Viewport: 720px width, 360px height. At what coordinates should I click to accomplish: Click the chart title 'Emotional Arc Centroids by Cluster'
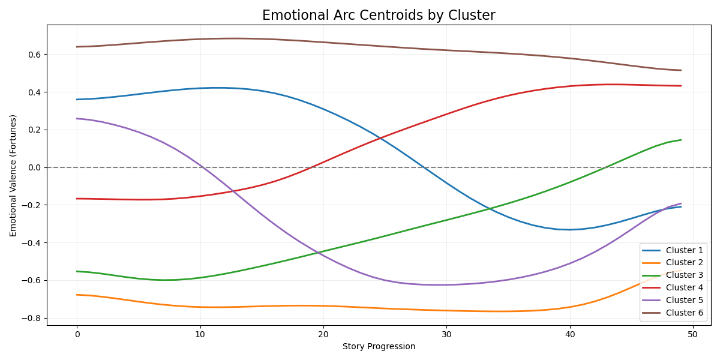tap(379, 16)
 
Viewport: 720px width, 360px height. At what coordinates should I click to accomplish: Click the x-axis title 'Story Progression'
tap(379, 346)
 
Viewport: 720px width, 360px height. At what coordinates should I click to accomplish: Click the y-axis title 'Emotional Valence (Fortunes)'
tap(13, 175)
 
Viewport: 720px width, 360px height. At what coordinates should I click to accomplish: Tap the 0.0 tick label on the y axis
tap(34, 167)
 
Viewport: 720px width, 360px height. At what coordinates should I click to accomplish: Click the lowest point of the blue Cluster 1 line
tap(569, 230)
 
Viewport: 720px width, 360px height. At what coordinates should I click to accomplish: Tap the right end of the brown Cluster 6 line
tap(680, 70)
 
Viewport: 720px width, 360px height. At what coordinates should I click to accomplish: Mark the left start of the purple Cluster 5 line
tap(77, 118)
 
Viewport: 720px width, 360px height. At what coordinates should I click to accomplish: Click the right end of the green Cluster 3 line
tap(680, 140)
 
